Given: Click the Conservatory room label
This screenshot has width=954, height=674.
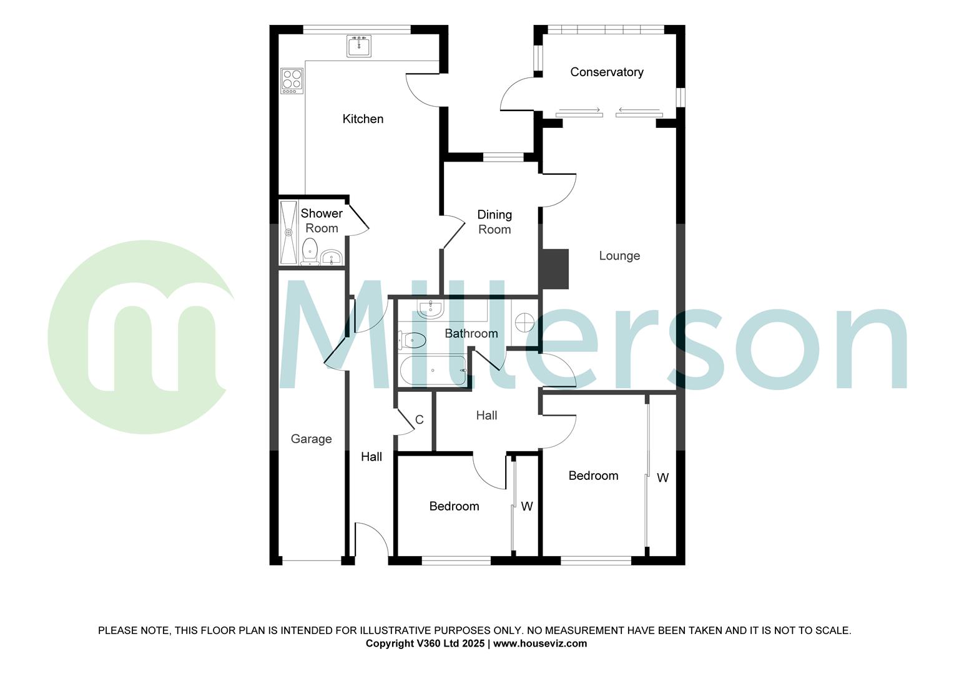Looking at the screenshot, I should (x=606, y=72).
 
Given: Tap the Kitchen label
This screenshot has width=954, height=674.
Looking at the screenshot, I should (x=363, y=119).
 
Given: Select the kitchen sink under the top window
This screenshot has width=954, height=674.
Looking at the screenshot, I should (x=359, y=46).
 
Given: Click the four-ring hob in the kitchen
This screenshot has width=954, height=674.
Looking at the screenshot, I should (x=292, y=80).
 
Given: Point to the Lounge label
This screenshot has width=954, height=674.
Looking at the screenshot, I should (x=619, y=256).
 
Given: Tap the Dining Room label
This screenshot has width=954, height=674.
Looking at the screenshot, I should (x=494, y=222).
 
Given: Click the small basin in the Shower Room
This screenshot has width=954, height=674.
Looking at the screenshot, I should (x=332, y=257).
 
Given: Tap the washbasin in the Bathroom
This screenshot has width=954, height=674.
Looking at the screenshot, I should (x=430, y=308).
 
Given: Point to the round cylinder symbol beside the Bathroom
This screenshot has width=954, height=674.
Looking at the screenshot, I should (x=525, y=323).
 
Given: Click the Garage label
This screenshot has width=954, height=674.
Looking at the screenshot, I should (x=311, y=439).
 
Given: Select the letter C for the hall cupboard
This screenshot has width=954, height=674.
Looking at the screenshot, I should (x=420, y=420).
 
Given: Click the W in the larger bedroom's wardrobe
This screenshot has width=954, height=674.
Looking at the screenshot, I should (x=662, y=478).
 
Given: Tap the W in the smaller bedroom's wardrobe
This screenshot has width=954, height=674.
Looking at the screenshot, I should (x=527, y=507).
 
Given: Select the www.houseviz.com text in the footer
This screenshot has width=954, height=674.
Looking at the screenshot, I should (x=540, y=643).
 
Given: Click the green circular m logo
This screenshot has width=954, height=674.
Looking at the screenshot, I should (x=140, y=337).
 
